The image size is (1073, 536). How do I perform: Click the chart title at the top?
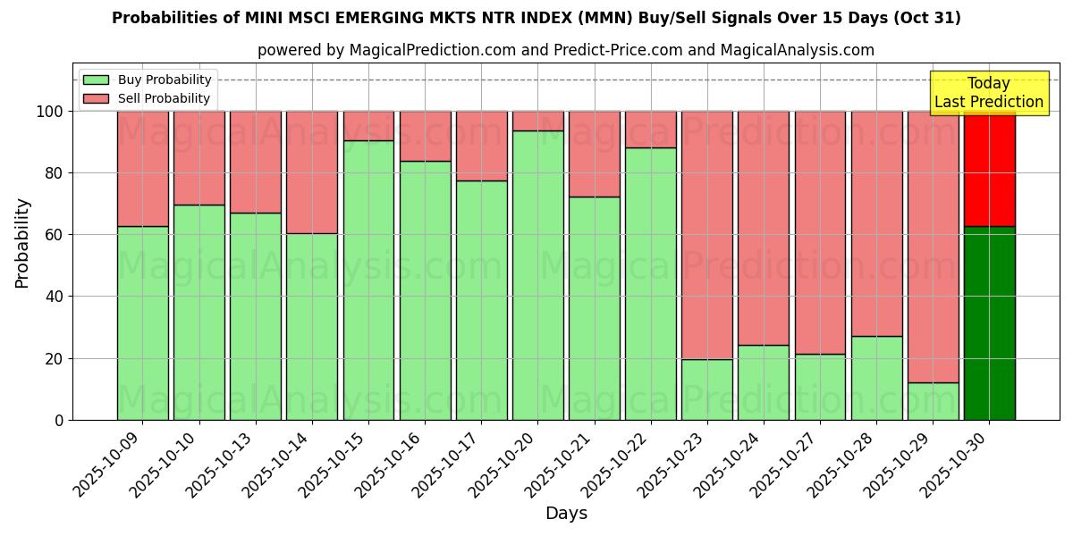(536, 18)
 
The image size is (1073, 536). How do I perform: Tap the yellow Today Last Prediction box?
(989, 93)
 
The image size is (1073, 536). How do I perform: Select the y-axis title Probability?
(22, 242)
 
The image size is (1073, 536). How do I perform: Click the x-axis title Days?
(566, 513)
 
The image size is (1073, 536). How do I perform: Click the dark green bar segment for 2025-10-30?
(989, 322)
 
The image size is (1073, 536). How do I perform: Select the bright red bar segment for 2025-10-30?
(989, 169)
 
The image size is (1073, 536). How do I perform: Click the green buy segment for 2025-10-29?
(933, 401)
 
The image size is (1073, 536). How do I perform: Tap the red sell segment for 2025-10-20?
(537, 121)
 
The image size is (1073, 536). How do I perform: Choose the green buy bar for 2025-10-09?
(143, 322)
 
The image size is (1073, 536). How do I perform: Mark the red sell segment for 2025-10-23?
(706, 235)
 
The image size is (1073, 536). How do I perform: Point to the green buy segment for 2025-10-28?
(876, 378)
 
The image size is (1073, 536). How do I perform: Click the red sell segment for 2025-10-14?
(312, 172)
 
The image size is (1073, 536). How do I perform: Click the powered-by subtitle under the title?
(566, 50)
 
